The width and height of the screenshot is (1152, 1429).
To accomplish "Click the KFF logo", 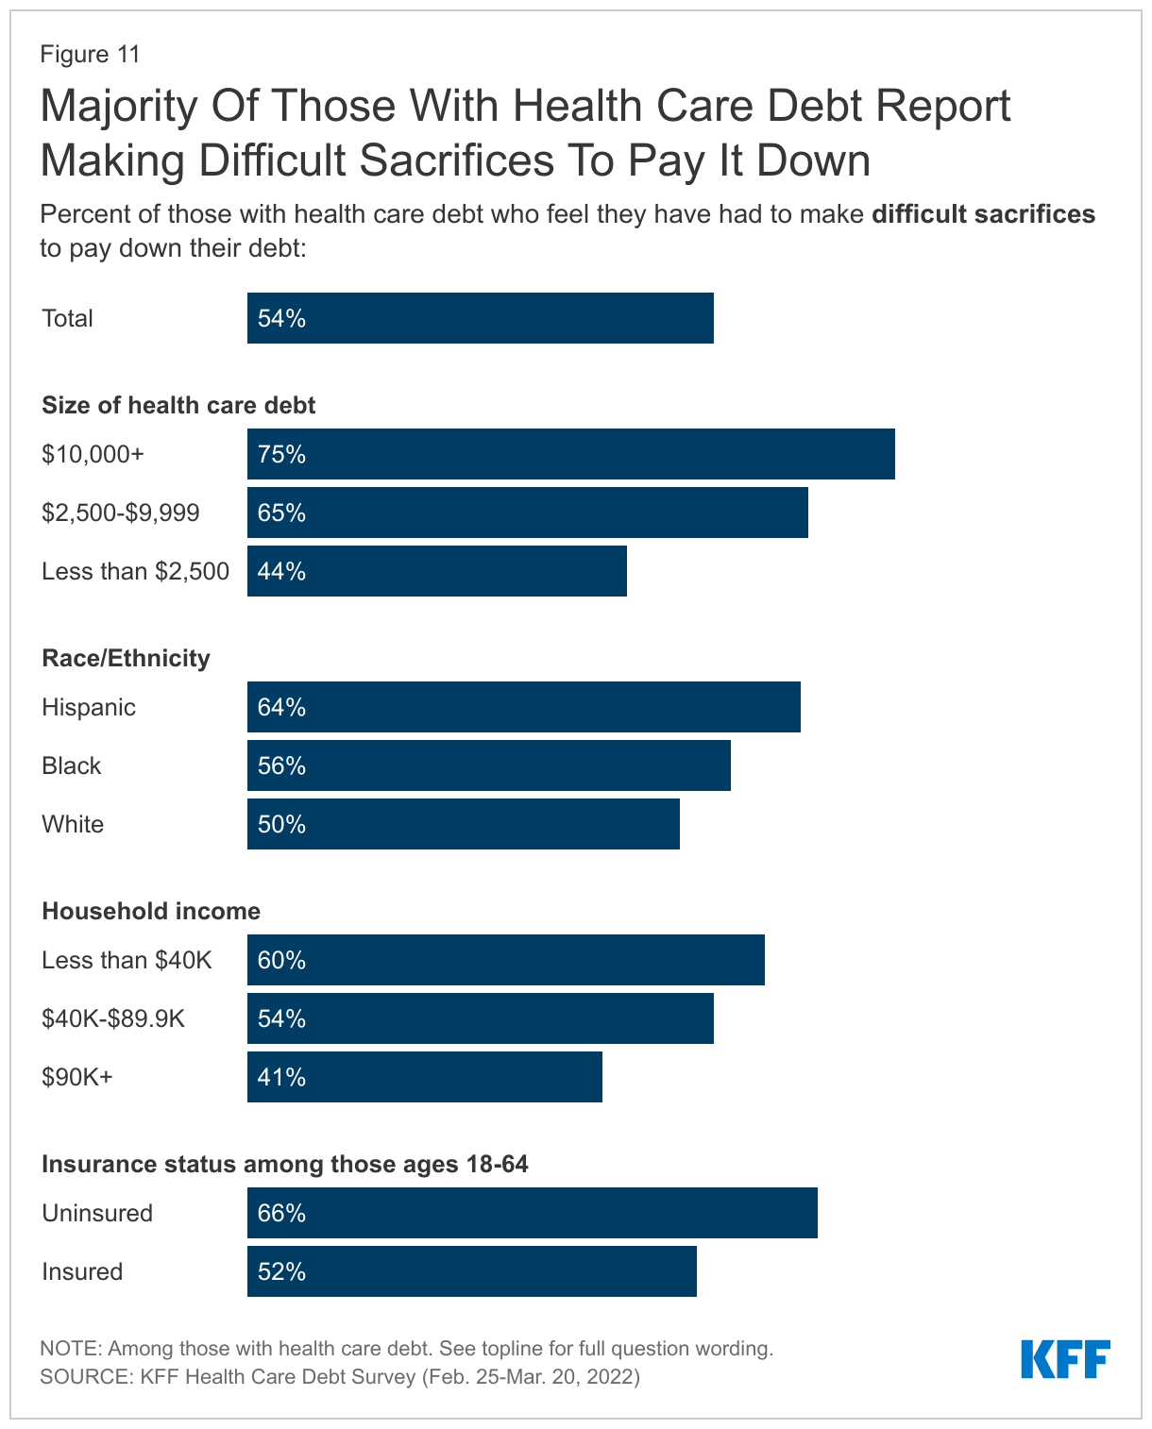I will point(1065,1359).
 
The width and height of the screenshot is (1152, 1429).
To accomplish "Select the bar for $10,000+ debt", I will point(570,454).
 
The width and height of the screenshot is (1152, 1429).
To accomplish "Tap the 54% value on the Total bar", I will point(281,319).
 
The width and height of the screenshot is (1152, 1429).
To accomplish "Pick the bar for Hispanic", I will point(523,707).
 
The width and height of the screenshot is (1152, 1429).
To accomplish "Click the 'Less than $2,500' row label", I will point(135,571).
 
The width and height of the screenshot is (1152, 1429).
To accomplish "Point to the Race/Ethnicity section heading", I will point(126,658).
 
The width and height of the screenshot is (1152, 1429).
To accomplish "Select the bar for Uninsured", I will point(532,1213).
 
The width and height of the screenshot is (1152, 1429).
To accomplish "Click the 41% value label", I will point(281,1077).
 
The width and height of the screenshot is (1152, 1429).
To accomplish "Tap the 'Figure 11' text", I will point(90,55).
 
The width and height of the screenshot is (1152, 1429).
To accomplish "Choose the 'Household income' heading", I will point(151,911).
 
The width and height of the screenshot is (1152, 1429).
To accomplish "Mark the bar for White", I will point(463,824).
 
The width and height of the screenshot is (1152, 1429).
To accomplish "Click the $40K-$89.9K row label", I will point(113,1018).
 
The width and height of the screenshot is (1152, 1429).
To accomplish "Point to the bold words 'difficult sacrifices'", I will point(983,214).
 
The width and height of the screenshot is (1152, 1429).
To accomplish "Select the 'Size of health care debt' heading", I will point(178,405).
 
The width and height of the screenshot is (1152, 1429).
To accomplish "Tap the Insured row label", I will point(82,1271).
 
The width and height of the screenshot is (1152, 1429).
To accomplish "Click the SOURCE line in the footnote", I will point(340,1376).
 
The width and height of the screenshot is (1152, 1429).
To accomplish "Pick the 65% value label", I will point(281,513).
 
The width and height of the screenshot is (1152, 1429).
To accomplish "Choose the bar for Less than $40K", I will point(505,960).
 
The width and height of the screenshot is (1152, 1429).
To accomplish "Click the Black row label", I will point(71,765).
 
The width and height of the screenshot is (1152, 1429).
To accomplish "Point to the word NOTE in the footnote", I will point(69,1348).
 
